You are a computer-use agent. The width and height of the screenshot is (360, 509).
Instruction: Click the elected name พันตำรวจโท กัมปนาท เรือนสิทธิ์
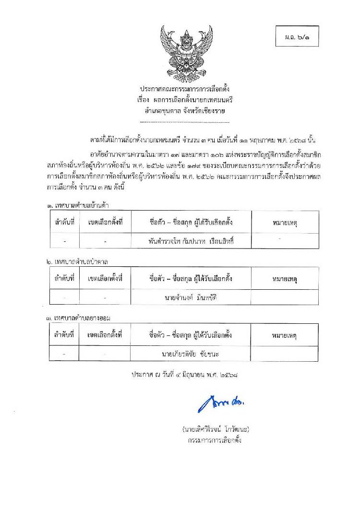tap(191, 241)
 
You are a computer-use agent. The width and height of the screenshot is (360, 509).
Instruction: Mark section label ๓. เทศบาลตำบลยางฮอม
tap(80, 318)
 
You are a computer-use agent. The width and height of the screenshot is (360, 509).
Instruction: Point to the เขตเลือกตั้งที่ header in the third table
tap(105, 335)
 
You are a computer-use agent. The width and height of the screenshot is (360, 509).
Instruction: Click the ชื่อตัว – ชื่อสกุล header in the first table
tap(191, 223)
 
